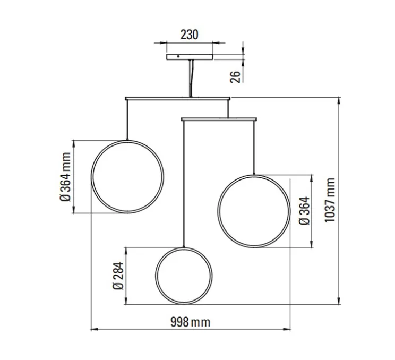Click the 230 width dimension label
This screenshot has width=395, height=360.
pos(188,35)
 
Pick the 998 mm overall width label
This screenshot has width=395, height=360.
pos(190,321)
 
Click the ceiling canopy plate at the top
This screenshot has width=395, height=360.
pos(188,56)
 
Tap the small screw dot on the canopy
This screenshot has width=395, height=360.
pos(178,55)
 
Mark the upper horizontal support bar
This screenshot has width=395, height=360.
pos(178,98)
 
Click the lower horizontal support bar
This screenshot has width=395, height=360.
pos(219,118)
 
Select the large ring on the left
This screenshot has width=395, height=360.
pos(127,177)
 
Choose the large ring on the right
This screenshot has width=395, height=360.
pos(254,211)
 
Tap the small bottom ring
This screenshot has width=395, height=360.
pos(184,276)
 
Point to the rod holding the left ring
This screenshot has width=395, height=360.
pos(127,119)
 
